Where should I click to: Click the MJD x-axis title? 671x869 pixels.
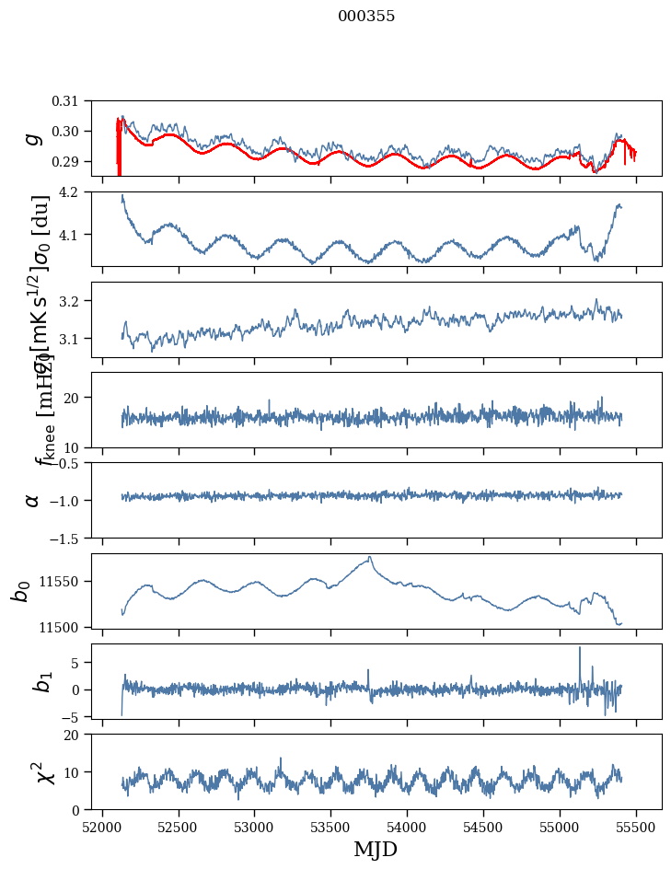click(x=376, y=849)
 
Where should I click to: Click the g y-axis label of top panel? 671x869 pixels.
click(x=34, y=138)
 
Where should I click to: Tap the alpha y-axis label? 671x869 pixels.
click(x=34, y=500)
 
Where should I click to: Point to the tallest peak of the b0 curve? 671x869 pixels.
click(x=370, y=557)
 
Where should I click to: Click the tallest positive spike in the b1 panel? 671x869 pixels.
click(x=580, y=647)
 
